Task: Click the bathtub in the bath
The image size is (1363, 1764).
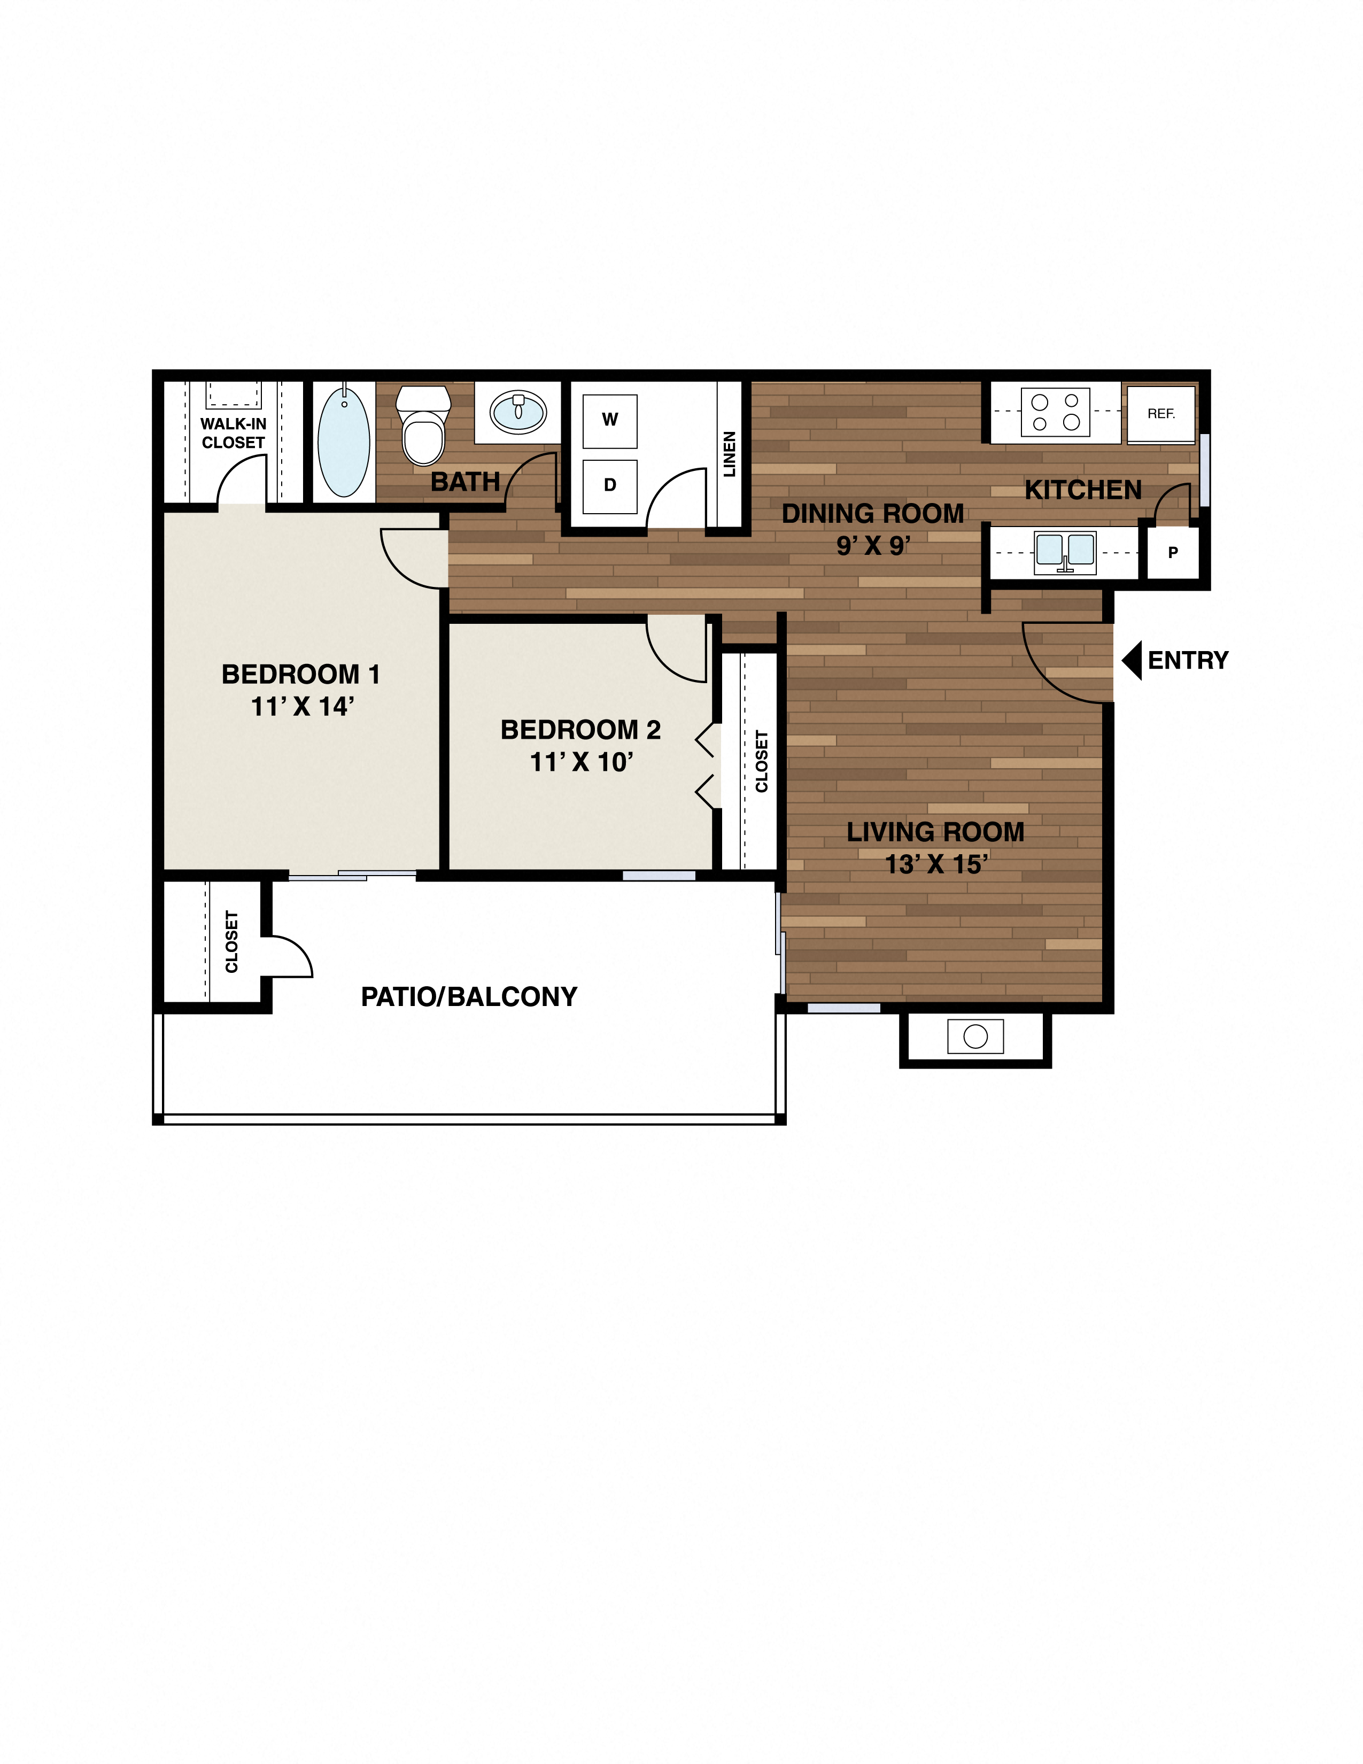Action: coord(344,442)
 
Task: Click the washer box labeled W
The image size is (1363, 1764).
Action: coord(610,421)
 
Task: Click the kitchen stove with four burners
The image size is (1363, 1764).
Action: coord(1055,412)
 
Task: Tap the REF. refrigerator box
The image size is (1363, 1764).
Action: coord(1161,414)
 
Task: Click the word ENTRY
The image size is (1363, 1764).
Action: coord(1188,661)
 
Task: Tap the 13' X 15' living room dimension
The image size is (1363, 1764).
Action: coord(936,865)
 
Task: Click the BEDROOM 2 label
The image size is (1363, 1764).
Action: coord(580,730)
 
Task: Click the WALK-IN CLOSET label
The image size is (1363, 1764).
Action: coord(234,434)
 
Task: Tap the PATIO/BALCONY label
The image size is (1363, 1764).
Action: coord(469,997)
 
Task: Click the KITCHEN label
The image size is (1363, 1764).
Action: coord(1083,490)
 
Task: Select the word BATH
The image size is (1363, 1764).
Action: coord(465,482)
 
